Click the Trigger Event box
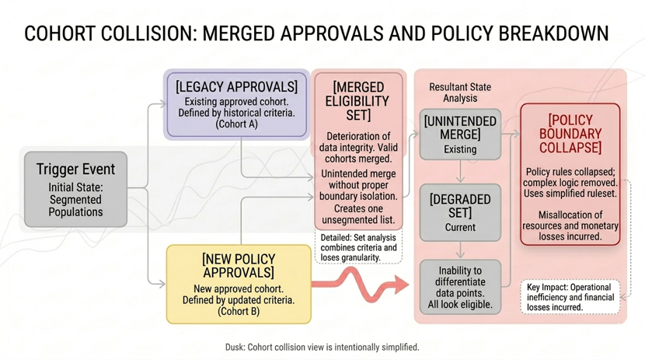[x=75, y=189]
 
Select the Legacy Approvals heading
[x=236, y=86]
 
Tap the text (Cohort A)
[x=236, y=124]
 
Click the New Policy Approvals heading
[x=238, y=265]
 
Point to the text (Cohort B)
[x=238, y=311]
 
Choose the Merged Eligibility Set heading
[x=357, y=101]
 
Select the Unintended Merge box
[x=460, y=135]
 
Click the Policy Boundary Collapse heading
[x=570, y=134]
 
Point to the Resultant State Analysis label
[x=460, y=93]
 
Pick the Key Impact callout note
[x=570, y=297]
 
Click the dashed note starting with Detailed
[x=358, y=246]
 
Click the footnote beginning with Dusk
[x=322, y=347]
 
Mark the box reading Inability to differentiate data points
[x=460, y=287]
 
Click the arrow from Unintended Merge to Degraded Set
[x=460, y=173]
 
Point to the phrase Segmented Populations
[x=75, y=205]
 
